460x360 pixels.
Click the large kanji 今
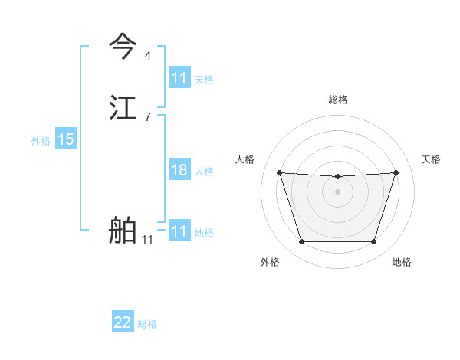click(123, 47)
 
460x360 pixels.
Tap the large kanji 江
click(123, 108)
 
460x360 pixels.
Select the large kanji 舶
click(123, 231)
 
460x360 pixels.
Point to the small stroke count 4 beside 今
click(147, 55)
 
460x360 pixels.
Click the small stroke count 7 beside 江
click(147, 116)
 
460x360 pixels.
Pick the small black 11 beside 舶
click(147, 240)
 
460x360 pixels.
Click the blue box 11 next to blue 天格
click(179, 78)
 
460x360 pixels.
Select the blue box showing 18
click(179, 170)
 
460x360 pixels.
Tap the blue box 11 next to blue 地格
click(179, 231)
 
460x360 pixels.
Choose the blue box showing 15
click(66, 139)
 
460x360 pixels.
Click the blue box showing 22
click(123, 322)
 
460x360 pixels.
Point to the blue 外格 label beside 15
click(41, 141)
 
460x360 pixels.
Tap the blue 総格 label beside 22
click(147, 324)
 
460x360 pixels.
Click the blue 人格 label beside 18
click(204, 172)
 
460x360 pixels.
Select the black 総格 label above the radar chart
click(338, 100)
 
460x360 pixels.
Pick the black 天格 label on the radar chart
click(431, 159)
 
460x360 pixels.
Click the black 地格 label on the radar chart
click(402, 262)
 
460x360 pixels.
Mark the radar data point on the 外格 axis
click(301, 242)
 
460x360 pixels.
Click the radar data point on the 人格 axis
click(279, 172)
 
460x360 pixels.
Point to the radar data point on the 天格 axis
click(396, 172)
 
